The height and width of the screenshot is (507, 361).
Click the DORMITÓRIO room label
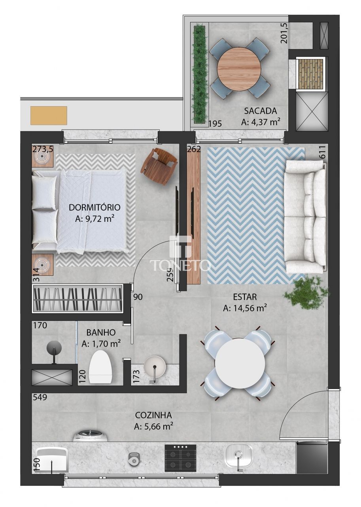tap(95, 207)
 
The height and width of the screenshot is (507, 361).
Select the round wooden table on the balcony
tap(239, 65)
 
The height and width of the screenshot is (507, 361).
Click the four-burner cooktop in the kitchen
tap(180, 457)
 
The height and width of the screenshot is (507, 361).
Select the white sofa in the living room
tap(306, 217)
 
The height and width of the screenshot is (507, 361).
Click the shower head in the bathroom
tap(54, 349)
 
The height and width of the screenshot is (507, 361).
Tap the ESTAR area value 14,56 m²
tap(245, 308)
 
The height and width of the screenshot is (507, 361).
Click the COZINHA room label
tap(153, 415)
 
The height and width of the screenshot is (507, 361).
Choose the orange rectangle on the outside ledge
tap(49, 115)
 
